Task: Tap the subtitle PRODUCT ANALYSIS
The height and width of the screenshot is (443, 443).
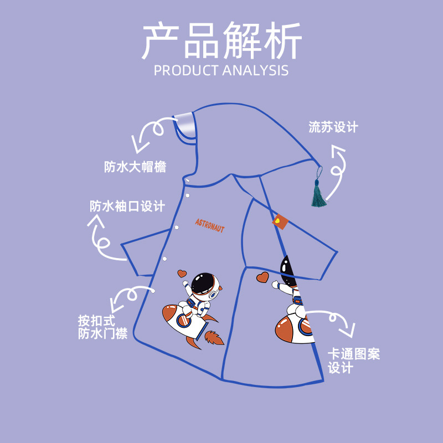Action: [x=221, y=70]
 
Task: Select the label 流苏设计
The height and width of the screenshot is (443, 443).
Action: [x=333, y=127]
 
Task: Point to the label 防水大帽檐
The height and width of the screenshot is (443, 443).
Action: [x=135, y=167]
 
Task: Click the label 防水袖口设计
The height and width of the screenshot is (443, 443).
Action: [x=127, y=207]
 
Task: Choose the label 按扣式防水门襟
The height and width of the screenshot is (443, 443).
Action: [x=102, y=327]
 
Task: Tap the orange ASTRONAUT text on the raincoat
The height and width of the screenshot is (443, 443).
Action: [x=210, y=225]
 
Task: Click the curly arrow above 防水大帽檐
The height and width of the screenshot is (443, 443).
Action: [x=150, y=133]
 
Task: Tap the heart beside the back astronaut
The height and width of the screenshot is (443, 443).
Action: [x=262, y=276]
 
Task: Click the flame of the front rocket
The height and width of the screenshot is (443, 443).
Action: [x=213, y=337]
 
